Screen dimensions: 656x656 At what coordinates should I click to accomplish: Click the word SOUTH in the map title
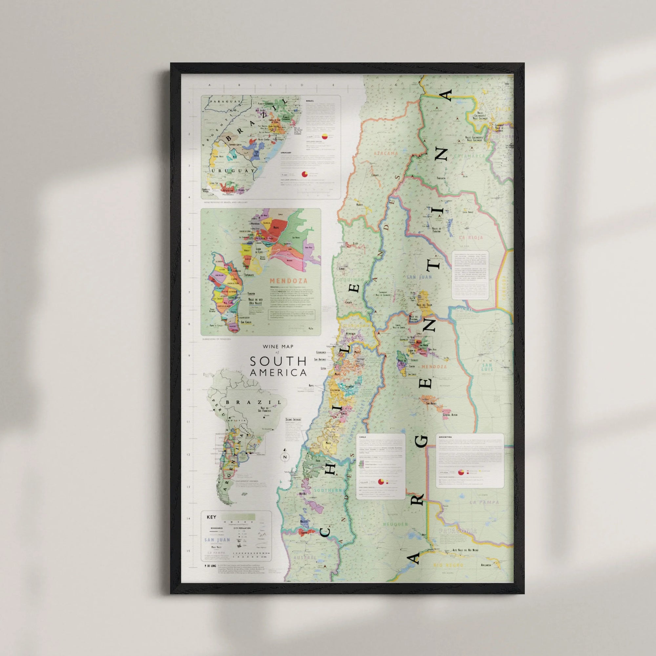pyautogui.click(x=278, y=361)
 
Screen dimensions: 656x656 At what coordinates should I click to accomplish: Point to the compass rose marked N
pyautogui.click(x=285, y=457)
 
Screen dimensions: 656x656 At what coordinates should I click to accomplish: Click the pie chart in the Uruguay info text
pyautogui.click(x=305, y=174)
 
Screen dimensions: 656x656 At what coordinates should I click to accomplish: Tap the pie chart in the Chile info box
pyautogui.click(x=381, y=482)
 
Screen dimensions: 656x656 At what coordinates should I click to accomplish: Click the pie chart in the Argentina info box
pyautogui.click(x=461, y=472)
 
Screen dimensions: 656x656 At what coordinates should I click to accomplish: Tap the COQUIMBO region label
pyautogui.click(x=350, y=280)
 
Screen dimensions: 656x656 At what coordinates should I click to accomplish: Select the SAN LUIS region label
pyautogui.click(x=486, y=367)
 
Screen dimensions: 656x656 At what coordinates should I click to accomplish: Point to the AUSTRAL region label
pyautogui.click(x=305, y=558)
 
